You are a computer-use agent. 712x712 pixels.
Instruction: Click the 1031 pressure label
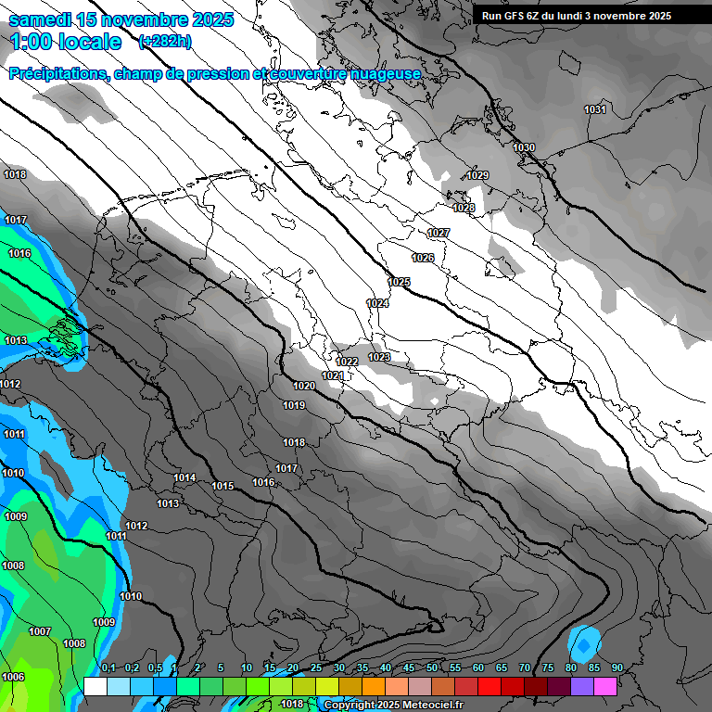595,109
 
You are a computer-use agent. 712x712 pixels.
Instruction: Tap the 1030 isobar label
524,147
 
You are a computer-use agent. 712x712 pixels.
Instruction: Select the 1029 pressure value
477,175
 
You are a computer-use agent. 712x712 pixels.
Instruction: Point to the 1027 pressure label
439,233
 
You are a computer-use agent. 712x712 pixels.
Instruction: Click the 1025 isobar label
399,282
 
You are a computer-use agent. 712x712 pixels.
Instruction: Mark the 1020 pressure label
304,386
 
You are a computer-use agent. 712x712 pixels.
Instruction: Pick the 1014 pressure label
184,478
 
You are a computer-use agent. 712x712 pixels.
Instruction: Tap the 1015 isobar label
222,486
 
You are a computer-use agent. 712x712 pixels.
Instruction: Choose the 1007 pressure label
40,631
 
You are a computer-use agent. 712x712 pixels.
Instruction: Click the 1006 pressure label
13,677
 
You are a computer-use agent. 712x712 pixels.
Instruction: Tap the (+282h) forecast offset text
164,42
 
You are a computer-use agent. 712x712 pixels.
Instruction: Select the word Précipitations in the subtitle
56,73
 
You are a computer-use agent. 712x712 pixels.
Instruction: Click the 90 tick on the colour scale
617,667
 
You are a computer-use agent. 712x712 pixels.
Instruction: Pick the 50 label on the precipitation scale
432,667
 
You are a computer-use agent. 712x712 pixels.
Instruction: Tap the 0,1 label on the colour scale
108,667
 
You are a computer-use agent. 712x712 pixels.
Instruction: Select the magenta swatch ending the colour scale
605,686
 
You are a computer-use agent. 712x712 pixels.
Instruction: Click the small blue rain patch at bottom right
584,642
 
